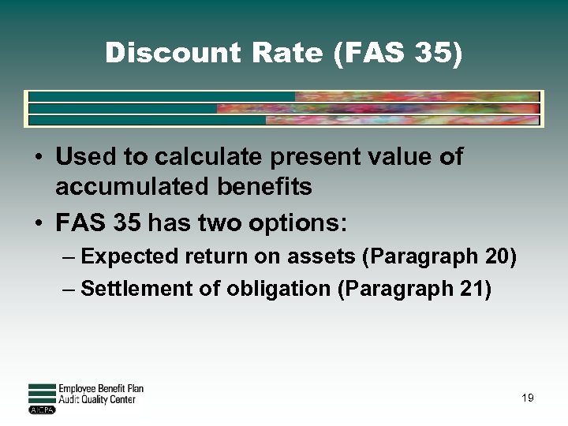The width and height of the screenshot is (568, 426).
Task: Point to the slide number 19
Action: pyautogui.click(x=528, y=398)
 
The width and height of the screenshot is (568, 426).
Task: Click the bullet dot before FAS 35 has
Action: pyautogui.click(x=38, y=224)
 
